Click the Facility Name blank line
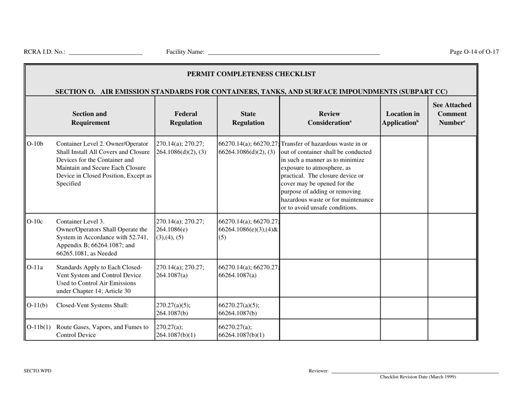293,53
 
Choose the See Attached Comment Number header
451,112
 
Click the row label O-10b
35,145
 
